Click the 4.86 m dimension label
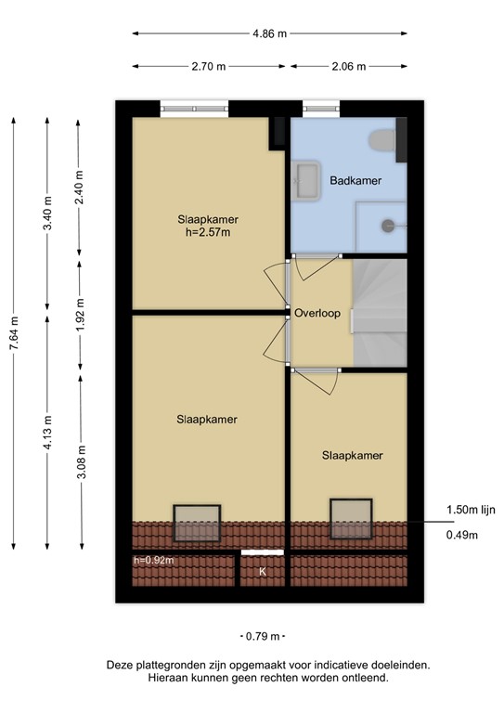pyautogui.click(x=269, y=33)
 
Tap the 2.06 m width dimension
pyautogui.click(x=348, y=67)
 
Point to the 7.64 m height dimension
pyautogui.click(x=13, y=334)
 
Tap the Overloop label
pyautogui.click(x=317, y=313)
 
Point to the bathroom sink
pyautogui.click(x=305, y=177)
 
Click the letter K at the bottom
pyautogui.click(x=263, y=572)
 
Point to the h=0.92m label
pyautogui.click(x=154, y=560)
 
